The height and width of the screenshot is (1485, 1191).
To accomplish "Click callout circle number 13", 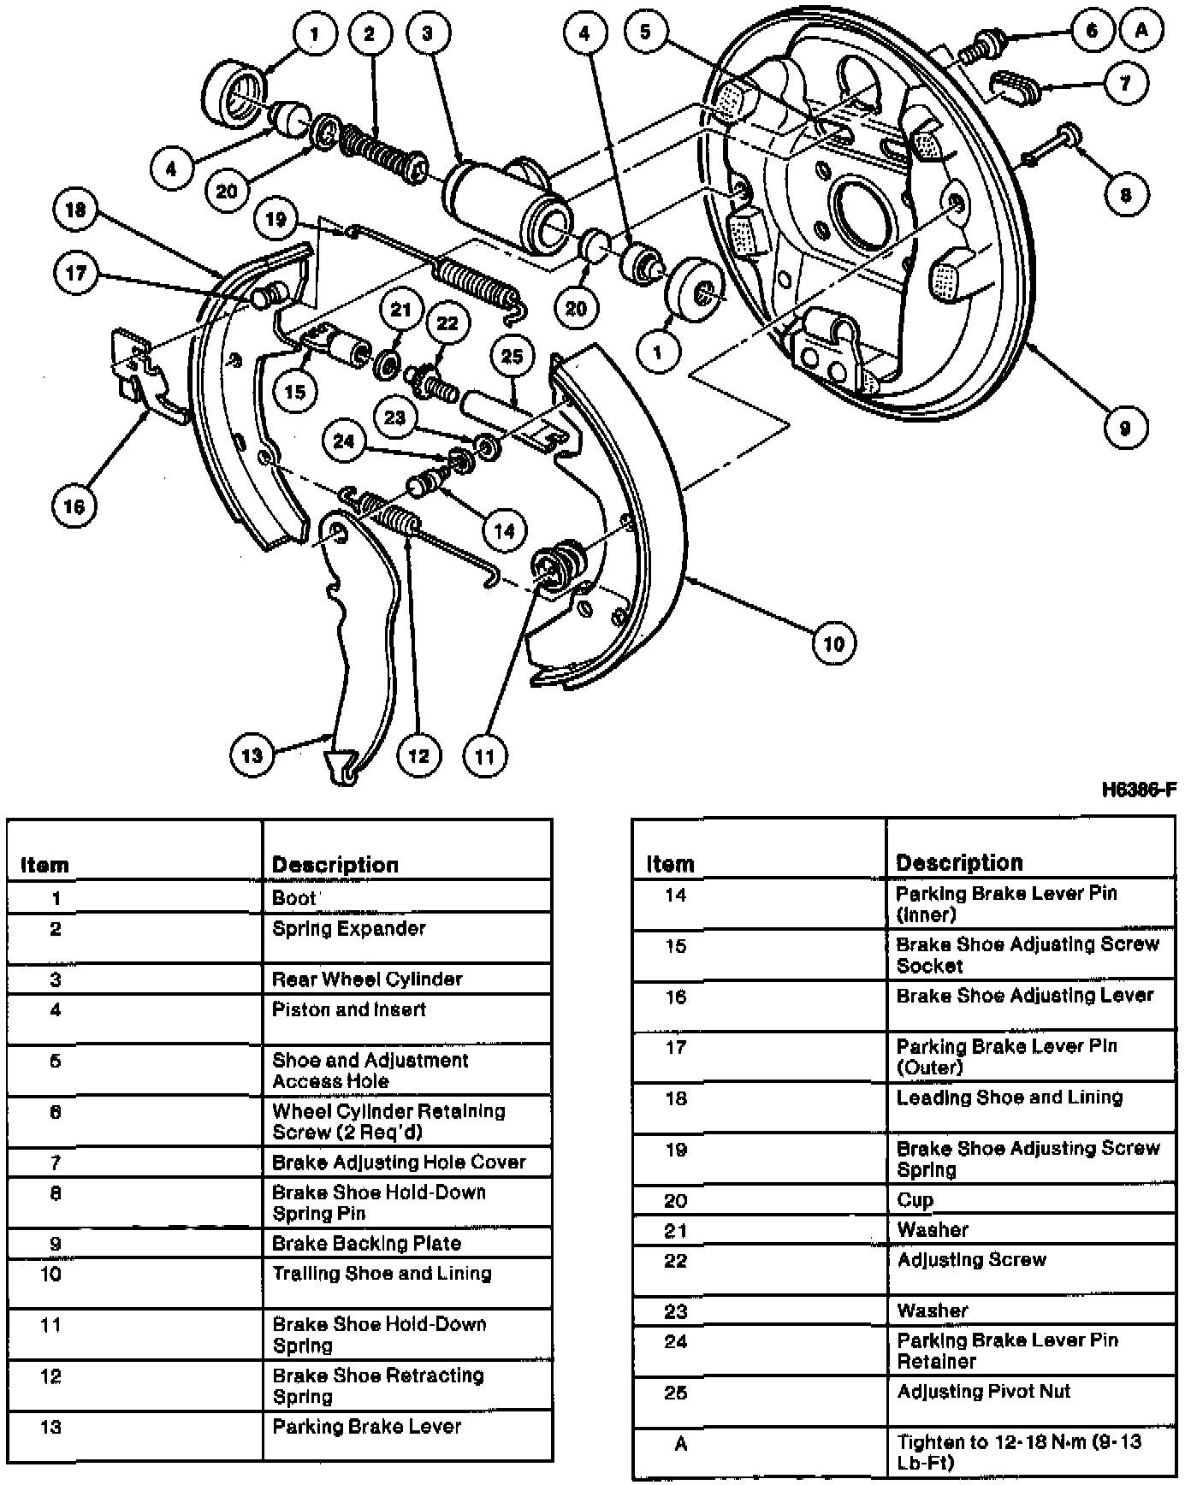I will pyautogui.click(x=252, y=754).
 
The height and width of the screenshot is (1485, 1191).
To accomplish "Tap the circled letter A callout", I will pyautogui.click(x=1141, y=32).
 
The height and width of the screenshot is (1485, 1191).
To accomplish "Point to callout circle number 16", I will pyautogui.click(x=74, y=506).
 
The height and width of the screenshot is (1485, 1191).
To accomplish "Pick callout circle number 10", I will pyautogui.click(x=833, y=643).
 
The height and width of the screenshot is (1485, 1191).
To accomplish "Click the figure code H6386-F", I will pyautogui.click(x=1139, y=790).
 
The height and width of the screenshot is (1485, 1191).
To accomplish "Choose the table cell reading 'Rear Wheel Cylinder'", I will pyautogui.click(x=367, y=979).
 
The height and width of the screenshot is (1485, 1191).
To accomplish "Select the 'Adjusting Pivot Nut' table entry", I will pyautogui.click(x=983, y=1392).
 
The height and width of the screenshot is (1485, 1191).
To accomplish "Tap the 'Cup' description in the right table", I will pyautogui.click(x=915, y=1200).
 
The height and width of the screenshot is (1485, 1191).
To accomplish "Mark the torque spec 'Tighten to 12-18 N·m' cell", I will pyautogui.click(x=1018, y=1452).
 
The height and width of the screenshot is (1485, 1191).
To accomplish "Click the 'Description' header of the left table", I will pyautogui.click(x=335, y=865).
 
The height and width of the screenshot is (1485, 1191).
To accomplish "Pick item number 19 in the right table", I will pyautogui.click(x=676, y=1150).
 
